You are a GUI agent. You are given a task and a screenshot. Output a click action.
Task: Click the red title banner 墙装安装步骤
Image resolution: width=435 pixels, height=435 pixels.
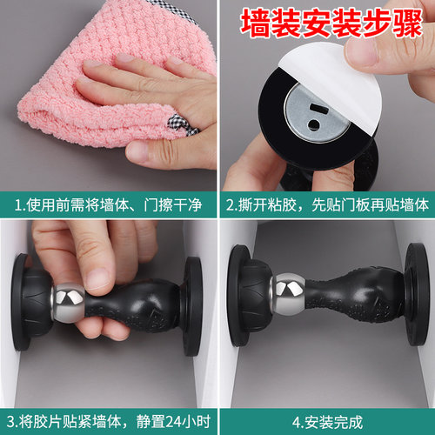point(327,22)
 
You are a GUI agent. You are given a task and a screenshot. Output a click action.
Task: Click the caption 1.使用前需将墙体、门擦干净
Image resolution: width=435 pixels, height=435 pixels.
point(109,204)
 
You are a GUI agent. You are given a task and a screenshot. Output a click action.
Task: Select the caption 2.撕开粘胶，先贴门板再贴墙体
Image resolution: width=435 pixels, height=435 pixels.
point(327,204)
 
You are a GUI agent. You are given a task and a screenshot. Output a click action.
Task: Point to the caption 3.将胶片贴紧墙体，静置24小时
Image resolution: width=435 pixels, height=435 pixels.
point(109,422)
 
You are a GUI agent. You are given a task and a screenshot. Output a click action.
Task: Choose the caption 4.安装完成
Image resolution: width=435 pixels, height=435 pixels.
point(326,422)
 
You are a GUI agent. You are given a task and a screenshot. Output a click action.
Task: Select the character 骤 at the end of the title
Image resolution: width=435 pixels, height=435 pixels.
point(408,22)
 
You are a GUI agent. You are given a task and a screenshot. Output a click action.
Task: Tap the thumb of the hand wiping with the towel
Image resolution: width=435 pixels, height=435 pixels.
point(144,152)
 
